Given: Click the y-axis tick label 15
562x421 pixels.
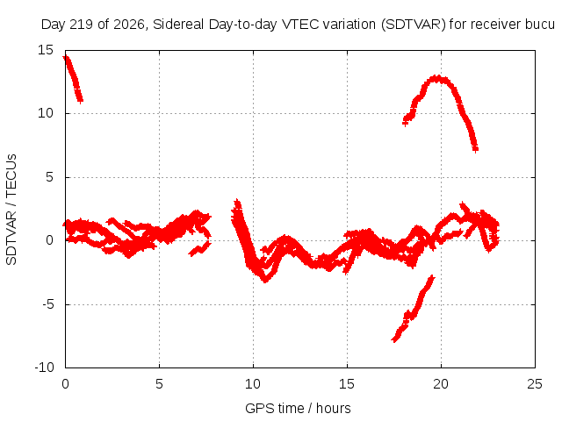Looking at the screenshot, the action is coord(46,50).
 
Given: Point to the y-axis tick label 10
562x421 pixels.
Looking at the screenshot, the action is coord(46,113).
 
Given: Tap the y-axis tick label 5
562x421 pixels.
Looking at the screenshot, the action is coord(49,177).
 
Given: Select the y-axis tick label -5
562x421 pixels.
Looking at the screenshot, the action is coord(47,304).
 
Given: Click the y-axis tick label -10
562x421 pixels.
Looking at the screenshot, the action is coord(44,367).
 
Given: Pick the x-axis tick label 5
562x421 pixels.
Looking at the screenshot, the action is coord(159,384).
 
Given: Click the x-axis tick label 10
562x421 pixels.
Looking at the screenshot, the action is coord(253,384).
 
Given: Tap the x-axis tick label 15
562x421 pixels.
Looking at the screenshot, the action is coord(347,384).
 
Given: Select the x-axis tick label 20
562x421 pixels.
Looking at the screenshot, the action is coord(441,384).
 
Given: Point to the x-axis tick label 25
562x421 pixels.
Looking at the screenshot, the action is coord(535,384).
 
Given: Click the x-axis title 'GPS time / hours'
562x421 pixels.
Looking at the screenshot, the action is coord(298,409).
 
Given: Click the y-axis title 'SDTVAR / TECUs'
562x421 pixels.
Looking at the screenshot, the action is coord(11,210).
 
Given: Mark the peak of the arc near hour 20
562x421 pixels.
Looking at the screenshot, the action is coord(436,78).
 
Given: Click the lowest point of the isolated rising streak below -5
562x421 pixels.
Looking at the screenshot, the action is coord(394,339).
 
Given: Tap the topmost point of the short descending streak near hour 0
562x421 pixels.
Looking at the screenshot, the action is coord(66,58).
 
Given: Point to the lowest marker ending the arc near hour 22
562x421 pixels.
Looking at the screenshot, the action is coord(475,150).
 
